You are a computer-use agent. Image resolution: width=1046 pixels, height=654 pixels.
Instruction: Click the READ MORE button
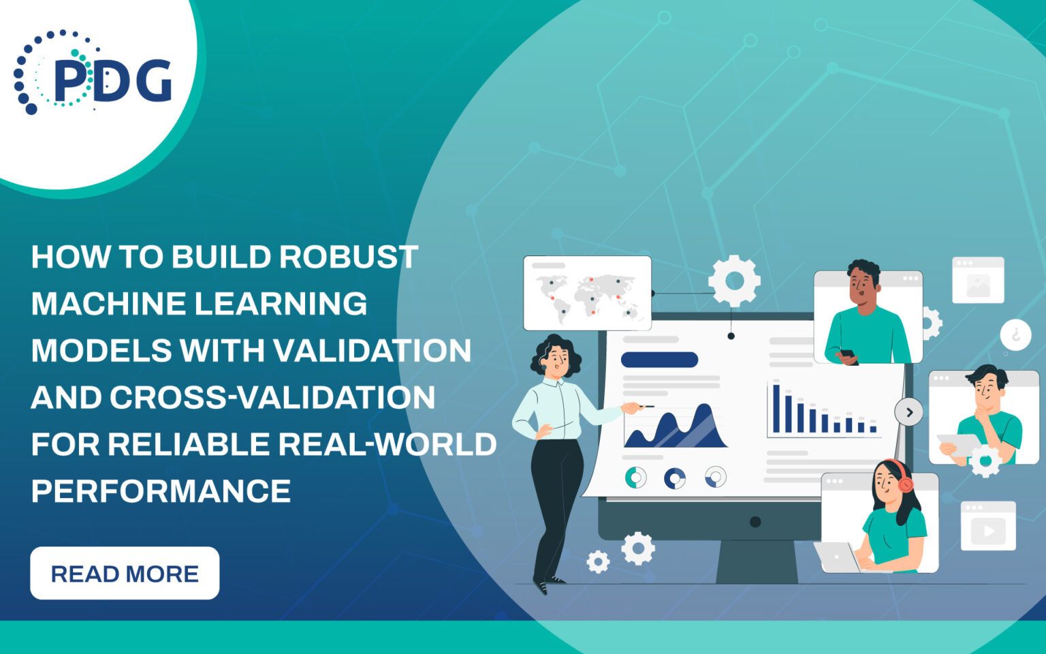tap(125, 573)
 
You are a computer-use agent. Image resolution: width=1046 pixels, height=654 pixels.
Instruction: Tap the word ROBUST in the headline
tap(348, 258)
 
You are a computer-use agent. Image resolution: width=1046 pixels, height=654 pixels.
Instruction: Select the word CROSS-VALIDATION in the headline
tap(272, 398)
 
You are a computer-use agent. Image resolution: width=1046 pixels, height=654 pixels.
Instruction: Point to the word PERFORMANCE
tap(161, 491)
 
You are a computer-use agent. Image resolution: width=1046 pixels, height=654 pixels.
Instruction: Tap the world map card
tap(587, 292)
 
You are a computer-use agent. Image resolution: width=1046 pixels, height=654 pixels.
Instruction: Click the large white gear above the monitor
tap(734, 281)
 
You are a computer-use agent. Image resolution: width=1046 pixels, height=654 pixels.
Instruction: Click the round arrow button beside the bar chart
tap(909, 412)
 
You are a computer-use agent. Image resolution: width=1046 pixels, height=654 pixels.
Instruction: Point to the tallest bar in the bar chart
tap(776, 408)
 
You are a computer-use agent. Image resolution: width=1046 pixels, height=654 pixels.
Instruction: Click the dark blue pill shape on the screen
tap(659, 360)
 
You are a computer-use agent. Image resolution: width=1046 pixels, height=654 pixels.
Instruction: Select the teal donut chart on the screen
tap(635, 477)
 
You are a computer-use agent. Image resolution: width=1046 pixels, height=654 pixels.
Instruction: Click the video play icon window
tap(988, 526)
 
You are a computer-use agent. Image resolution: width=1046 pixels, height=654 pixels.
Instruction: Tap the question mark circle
tap(1015, 335)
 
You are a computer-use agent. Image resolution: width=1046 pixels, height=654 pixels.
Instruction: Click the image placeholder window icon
tap(978, 280)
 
